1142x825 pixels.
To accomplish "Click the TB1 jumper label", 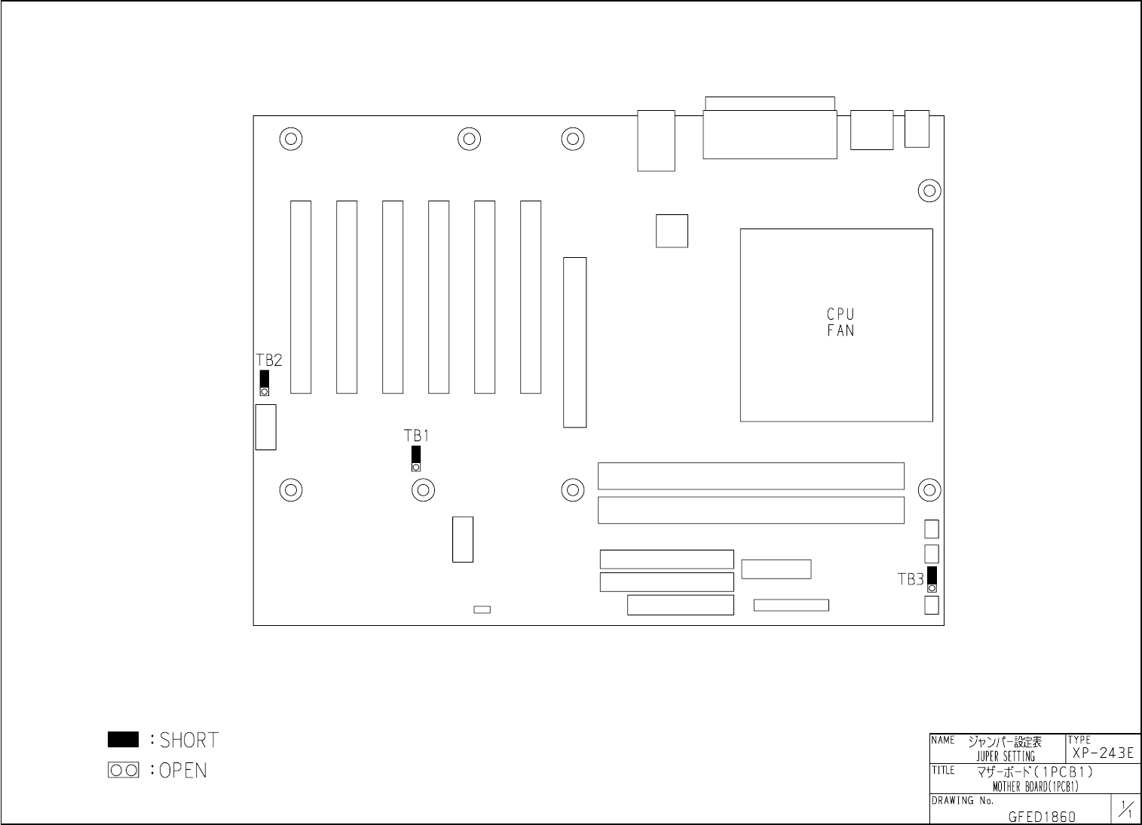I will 416,436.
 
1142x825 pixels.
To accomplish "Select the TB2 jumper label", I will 269,360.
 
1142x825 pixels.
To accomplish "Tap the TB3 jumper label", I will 911,579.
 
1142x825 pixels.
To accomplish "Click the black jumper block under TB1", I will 416,455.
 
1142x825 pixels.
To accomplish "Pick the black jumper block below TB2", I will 264,379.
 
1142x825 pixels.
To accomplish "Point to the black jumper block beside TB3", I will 932,575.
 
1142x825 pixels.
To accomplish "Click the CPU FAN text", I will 840,322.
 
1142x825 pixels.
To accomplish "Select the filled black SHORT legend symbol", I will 123,740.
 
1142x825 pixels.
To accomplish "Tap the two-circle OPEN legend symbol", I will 124,770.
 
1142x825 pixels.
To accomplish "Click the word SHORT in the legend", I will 188,740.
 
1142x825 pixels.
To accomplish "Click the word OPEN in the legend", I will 183,771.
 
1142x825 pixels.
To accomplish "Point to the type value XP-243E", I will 1103,753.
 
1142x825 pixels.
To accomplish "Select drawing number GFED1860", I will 1042,817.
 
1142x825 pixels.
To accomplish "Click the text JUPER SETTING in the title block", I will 1006,756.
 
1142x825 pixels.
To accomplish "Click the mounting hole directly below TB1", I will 424,490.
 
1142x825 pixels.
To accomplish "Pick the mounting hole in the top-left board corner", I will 291,139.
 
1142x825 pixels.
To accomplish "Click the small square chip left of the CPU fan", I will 672,231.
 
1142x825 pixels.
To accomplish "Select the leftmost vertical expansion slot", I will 301,296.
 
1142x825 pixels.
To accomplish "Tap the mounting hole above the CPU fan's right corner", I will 929,190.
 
